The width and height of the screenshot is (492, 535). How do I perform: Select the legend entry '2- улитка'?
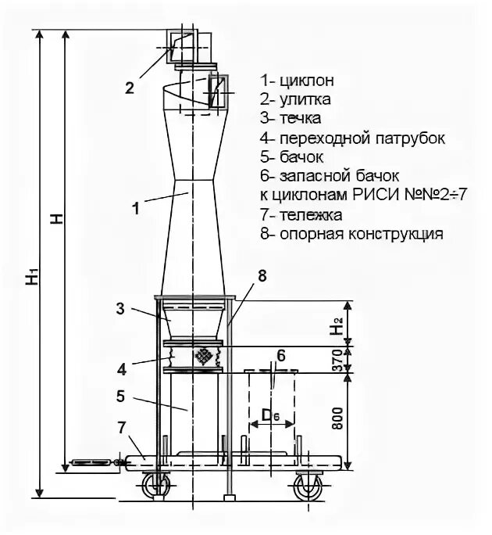pos(296,99)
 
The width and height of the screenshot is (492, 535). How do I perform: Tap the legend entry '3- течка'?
pos(291,119)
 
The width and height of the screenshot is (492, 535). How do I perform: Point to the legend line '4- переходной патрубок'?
pos(353,138)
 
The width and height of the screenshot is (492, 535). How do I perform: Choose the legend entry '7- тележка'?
pos(302,214)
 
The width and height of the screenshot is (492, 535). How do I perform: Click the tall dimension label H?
pos(55,218)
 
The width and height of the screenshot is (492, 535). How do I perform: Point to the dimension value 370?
pos(336,361)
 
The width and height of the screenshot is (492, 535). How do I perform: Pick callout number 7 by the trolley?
pos(121,426)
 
